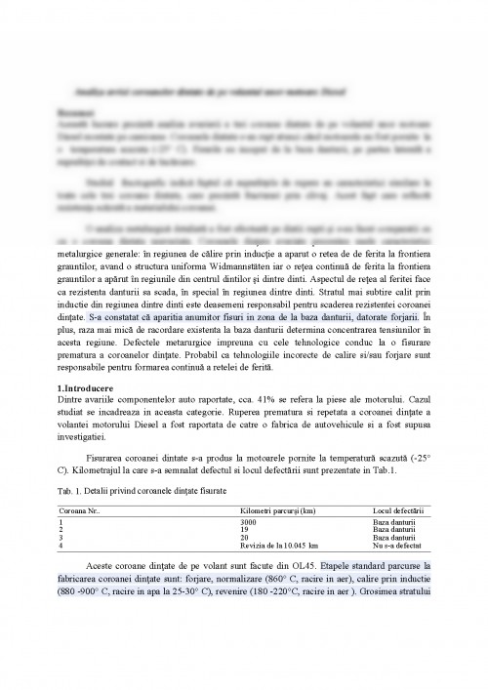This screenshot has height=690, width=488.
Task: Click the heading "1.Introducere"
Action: (85, 389)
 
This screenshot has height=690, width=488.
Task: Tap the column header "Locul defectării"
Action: (398, 511)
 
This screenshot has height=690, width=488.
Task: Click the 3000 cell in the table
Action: (249, 523)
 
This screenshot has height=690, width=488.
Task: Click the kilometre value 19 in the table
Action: (244, 530)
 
